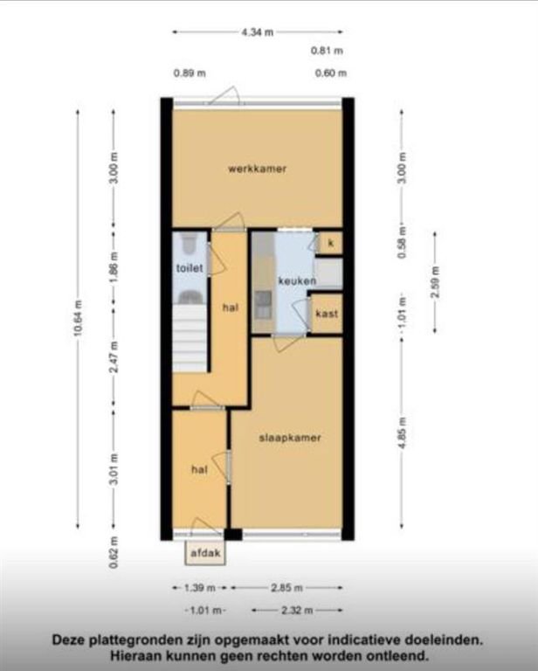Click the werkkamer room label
(258, 169)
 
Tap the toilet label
(190, 268)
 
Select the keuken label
(297, 280)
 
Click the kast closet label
(328, 314)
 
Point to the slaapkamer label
(289, 438)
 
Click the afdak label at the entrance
(207, 553)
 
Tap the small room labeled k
(330, 242)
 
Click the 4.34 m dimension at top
(257, 32)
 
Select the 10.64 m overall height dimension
(77, 321)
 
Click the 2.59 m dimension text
(435, 287)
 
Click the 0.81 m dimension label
(328, 51)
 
